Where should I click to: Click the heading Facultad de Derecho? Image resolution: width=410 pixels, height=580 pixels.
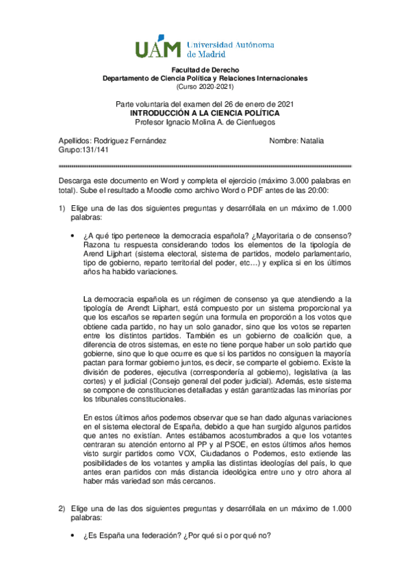tap(205, 70)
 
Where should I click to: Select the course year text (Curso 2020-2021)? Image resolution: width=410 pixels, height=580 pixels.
tap(205, 87)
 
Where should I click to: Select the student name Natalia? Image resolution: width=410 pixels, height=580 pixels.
tap(312, 141)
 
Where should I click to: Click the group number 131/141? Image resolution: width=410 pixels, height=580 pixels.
tap(93, 150)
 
